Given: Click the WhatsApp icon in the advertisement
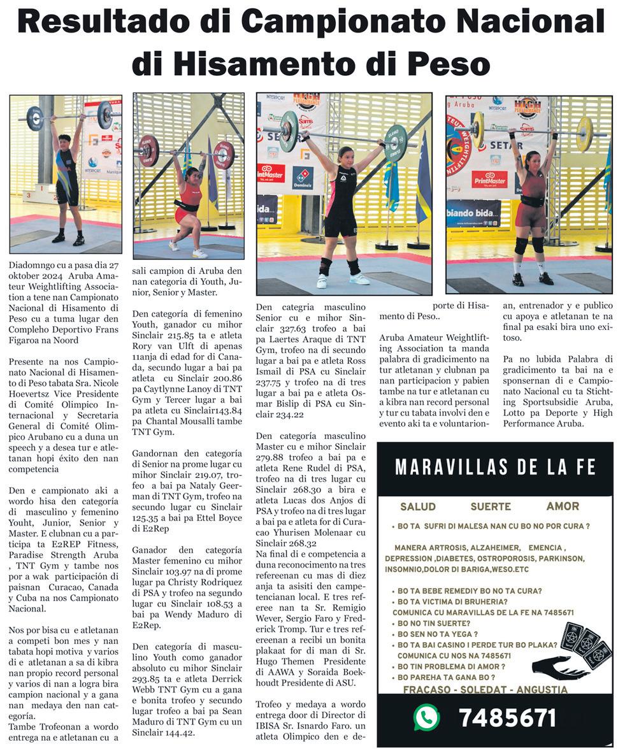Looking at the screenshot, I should (426, 717).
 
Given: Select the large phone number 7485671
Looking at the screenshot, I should (507, 718).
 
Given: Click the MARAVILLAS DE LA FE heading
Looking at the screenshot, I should (495, 468).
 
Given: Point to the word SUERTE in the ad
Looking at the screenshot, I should (491, 506).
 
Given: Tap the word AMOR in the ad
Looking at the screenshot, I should (563, 506).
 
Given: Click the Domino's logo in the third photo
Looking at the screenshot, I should (303, 177).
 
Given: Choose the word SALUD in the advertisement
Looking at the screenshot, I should (418, 506).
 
